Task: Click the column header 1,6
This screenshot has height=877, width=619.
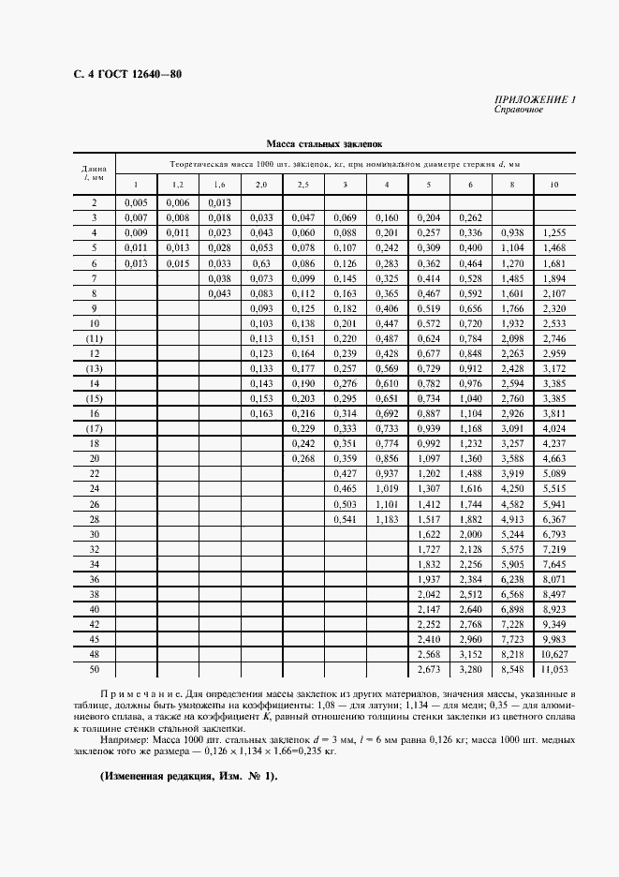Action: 219,184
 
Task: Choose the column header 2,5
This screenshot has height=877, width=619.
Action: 303,184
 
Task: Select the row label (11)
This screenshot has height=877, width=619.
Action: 95,338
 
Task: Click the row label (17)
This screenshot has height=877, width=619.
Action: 95,428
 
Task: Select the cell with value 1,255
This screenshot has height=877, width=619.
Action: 554,232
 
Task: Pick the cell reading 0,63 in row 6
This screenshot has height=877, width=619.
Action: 261,263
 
